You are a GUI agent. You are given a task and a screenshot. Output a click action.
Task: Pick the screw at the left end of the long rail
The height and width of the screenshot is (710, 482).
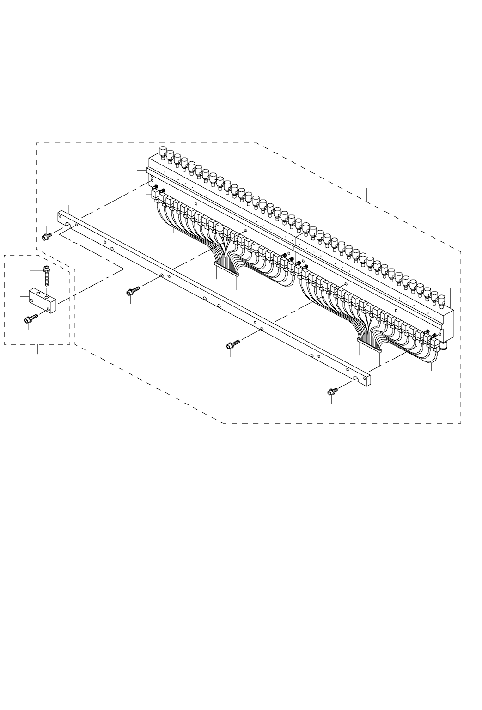click(46, 236)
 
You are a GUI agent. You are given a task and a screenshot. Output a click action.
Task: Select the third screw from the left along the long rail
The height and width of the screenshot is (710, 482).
click(233, 344)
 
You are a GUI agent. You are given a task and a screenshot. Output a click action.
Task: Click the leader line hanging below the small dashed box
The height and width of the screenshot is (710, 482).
click(37, 349)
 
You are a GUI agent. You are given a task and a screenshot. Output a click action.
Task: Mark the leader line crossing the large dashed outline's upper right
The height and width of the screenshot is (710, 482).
click(366, 195)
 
